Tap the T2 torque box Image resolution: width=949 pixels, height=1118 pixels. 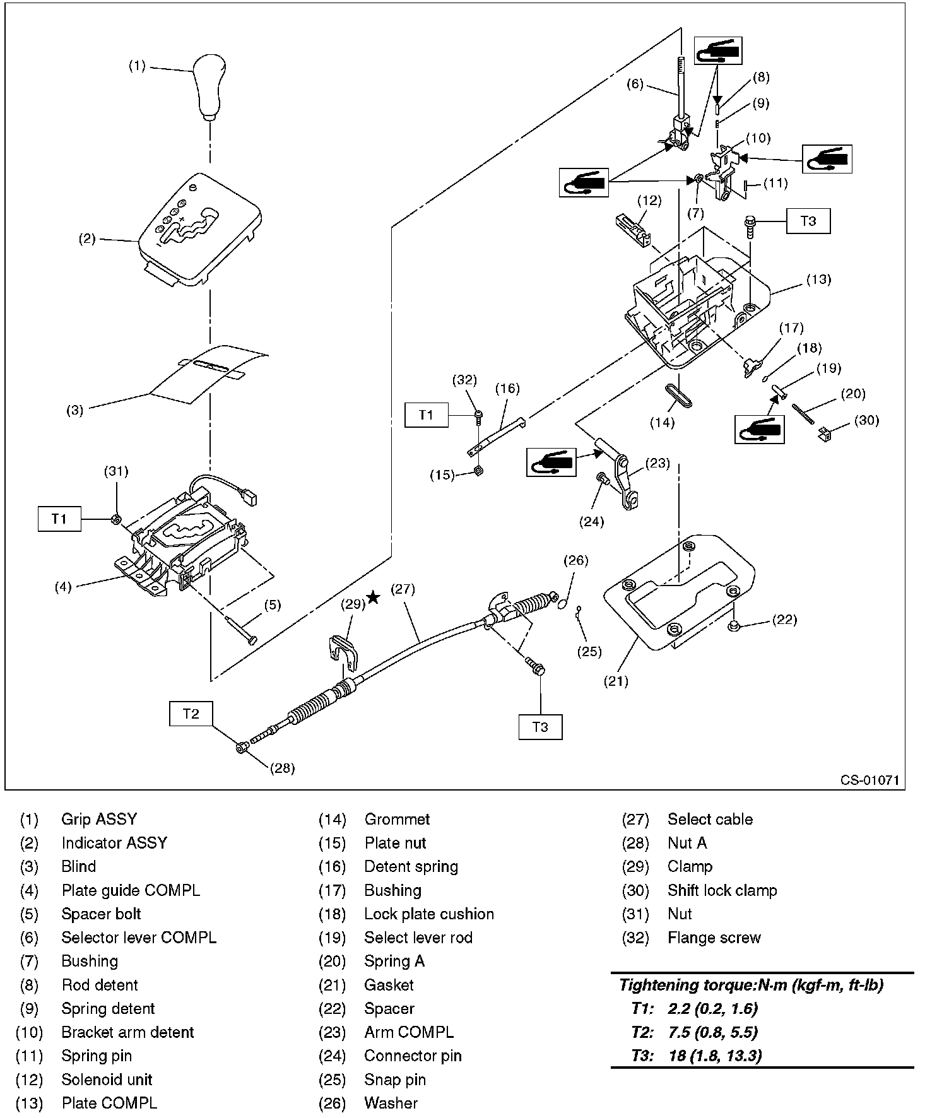point(191,714)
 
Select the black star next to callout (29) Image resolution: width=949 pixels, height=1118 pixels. point(374,597)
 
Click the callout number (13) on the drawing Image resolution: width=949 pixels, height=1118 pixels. point(818,279)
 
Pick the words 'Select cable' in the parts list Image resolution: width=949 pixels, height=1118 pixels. point(710,820)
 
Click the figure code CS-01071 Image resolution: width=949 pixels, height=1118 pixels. point(869,780)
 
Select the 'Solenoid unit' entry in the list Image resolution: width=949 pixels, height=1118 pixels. point(107,1080)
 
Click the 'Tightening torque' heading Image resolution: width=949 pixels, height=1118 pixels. point(751,985)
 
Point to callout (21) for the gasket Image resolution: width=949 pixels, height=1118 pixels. point(616,681)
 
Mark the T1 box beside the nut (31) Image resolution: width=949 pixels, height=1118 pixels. point(59,519)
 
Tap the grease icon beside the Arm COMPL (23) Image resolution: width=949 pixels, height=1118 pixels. point(551,462)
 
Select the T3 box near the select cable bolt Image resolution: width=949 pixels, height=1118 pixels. point(540,726)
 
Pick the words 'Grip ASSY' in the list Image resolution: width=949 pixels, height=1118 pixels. point(98,820)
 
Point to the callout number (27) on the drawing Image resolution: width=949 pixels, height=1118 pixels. point(403,589)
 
